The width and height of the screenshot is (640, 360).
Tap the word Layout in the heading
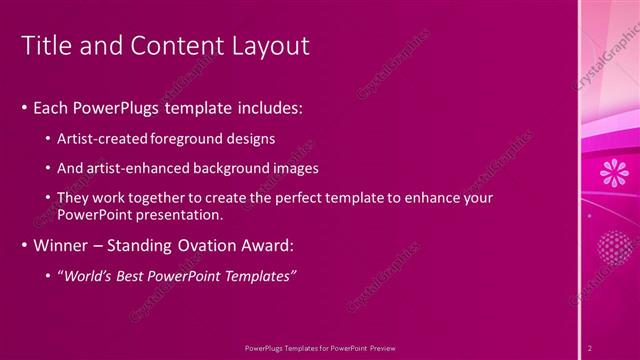pyautogui.click(x=271, y=46)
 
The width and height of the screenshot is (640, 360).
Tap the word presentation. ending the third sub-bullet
pyautogui.click(x=183, y=215)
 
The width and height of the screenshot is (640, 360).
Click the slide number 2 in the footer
pyautogui.click(x=590, y=347)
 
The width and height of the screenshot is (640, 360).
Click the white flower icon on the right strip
pyautogui.click(x=612, y=173)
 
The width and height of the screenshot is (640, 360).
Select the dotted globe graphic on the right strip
pyautogui.click(x=611, y=246)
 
